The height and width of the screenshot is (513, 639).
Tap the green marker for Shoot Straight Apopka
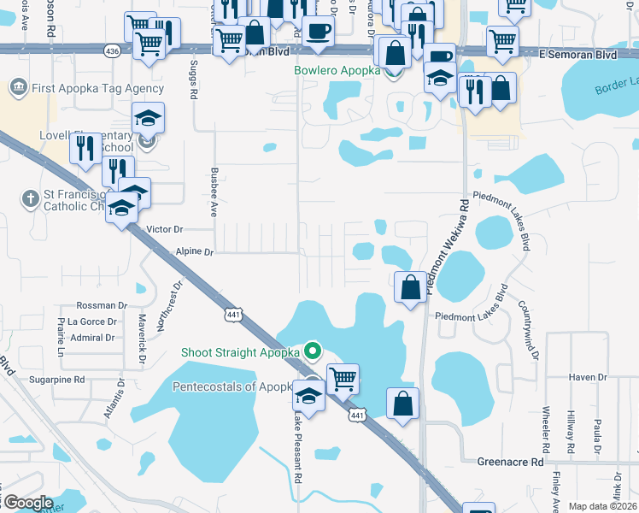[313, 351]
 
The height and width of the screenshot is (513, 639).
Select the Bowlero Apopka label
[337, 70]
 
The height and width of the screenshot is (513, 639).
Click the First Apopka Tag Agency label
[98, 88]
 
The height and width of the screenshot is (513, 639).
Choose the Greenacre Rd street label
[510, 462]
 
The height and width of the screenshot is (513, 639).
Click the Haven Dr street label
[588, 377]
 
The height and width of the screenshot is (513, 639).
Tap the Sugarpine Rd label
[57, 379]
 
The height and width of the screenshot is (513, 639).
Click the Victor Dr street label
[165, 229]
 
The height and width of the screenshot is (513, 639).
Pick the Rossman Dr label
[102, 305]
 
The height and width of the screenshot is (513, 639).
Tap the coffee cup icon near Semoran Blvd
[319, 32]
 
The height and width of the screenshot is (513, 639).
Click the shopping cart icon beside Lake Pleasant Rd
[343, 379]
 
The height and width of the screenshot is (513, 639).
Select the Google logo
[28, 503]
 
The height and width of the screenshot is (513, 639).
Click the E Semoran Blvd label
[577, 54]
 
